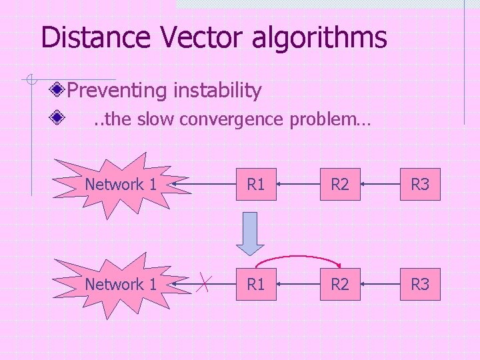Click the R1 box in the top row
tap(256, 184)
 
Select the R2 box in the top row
tap(340, 184)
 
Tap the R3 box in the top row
tap(420, 184)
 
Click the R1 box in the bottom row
tap(256, 284)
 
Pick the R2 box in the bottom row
tap(340, 284)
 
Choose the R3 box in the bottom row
tap(420, 284)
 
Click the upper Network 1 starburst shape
tap(120, 185)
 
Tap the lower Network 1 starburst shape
tap(120, 285)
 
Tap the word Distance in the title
tap(94, 37)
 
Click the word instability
tap(218, 89)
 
